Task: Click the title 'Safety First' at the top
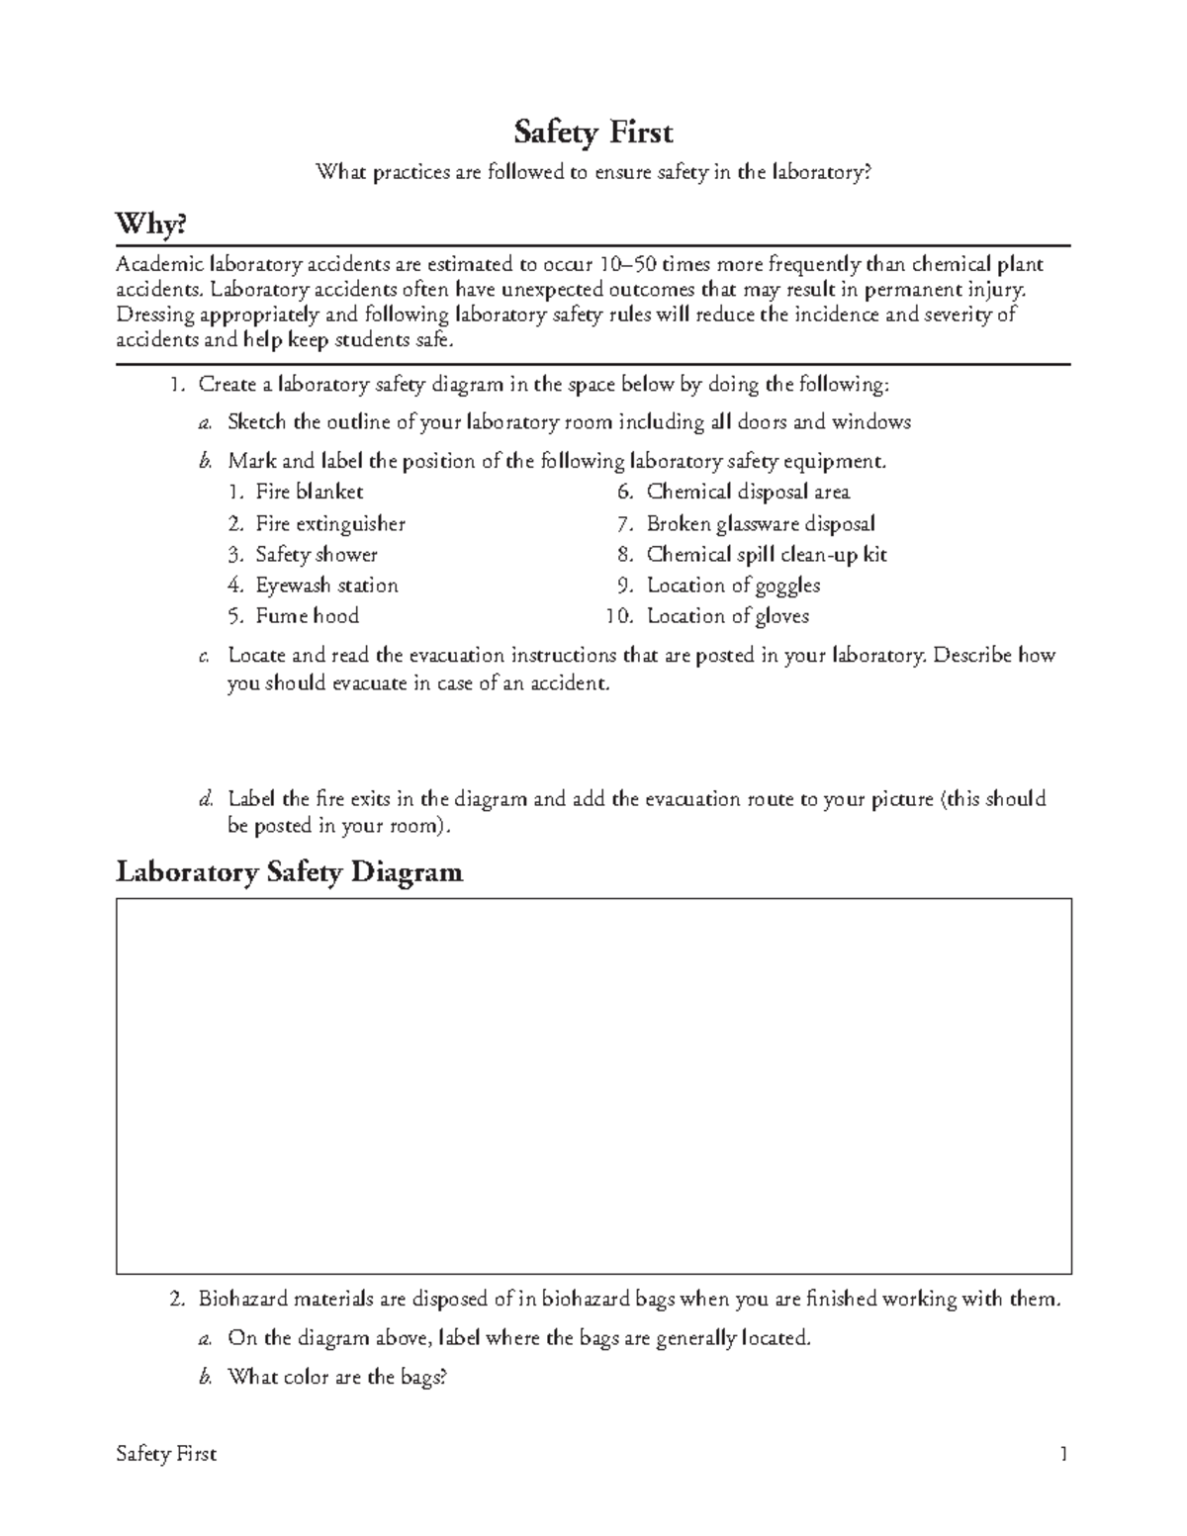[x=593, y=132]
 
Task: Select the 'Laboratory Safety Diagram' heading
[x=289, y=871]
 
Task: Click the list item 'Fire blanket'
[x=309, y=492]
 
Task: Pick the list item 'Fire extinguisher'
[x=329, y=523]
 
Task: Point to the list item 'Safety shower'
[x=316, y=554]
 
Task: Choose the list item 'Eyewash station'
[x=326, y=585]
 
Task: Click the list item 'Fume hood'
[x=307, y=615]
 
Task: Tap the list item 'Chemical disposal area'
[x=748, y=492]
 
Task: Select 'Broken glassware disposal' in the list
[x=761, y=523]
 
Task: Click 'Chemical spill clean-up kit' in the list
[x=767, y=554]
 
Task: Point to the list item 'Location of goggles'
[x=733, y=585]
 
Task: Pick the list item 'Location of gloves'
[x=727, y=615]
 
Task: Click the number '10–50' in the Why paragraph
[x=627, y=264]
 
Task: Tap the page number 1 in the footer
[x=1063, y=1454]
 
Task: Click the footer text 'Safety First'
[x=166, y=1454]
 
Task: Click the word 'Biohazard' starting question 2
[x=241, y=1299]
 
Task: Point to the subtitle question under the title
[x=593, y=173]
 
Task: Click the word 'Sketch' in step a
[x=257, y=422]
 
